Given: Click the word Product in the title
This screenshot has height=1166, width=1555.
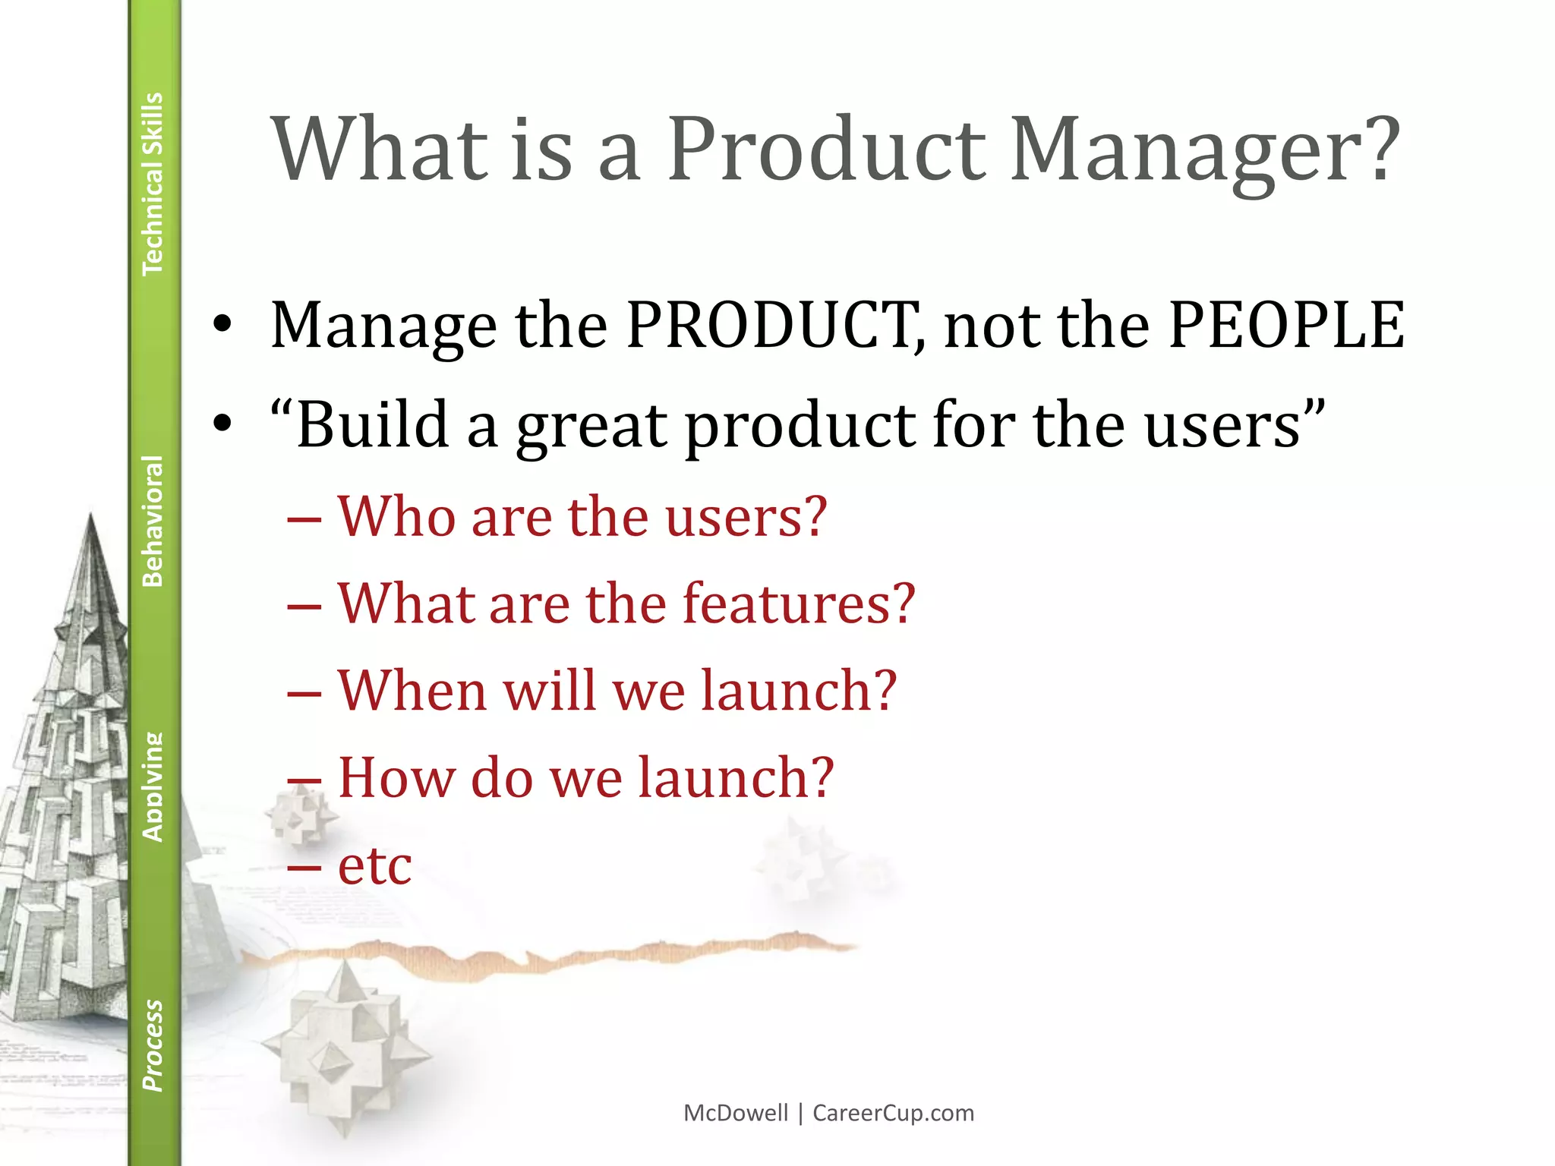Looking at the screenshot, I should (826, 150).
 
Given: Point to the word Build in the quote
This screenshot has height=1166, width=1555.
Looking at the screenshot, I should (373, 424).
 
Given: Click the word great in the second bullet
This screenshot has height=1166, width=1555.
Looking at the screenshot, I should (595, 427).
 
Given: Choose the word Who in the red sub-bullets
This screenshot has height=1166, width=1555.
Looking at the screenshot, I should (396, 516).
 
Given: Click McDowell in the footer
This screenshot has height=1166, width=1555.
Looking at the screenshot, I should (735, 1113).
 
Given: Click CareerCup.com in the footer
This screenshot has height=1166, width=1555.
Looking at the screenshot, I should (893, 1113).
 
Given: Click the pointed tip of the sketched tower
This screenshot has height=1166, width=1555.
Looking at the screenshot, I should (91, 517).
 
